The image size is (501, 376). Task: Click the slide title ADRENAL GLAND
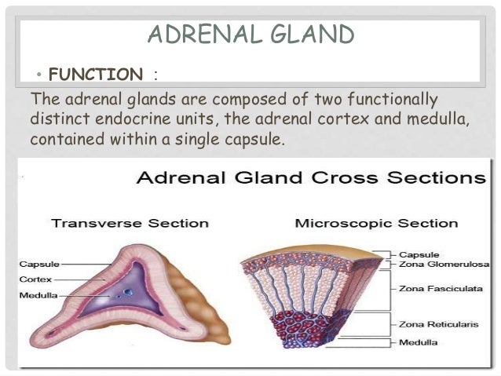(251, 35)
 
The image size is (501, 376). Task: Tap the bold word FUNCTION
(96, 75)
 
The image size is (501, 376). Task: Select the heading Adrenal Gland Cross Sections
(311, 177)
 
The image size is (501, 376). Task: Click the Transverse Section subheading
(130, 223)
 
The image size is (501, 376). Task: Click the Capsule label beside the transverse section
(38, 264)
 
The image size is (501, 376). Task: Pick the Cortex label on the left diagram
(35, 279)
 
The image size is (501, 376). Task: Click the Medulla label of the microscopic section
(419, 343)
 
